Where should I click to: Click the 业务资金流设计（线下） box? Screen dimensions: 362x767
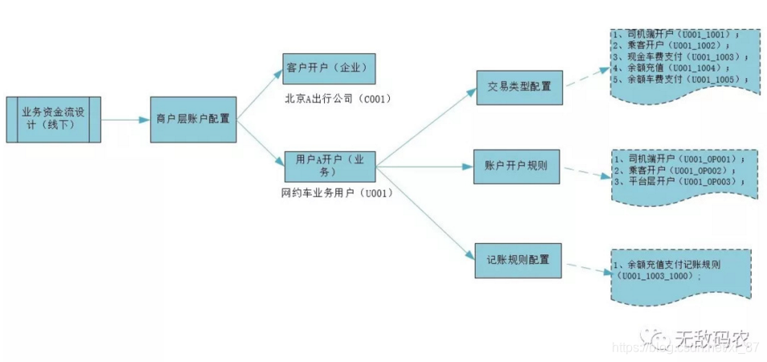(54, 120)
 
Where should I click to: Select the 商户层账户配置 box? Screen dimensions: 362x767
(193, 120)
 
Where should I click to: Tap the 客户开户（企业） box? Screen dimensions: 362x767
(330, 68)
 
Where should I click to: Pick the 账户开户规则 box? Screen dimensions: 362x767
(516, 166)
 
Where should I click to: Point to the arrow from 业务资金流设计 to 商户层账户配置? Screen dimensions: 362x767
(125, 120)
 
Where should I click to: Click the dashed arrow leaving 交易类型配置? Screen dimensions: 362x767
(587, 76)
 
